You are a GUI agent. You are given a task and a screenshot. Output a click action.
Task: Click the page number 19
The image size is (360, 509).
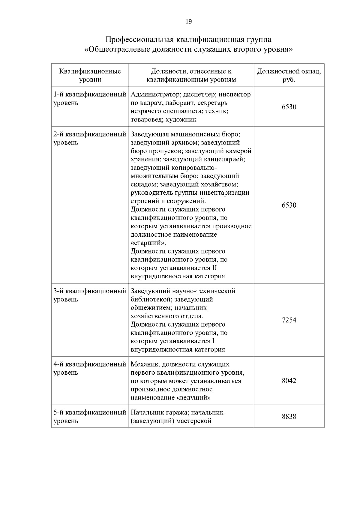coord(188,22)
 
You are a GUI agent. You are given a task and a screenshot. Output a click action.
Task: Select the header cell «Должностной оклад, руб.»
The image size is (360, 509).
coord(289,75)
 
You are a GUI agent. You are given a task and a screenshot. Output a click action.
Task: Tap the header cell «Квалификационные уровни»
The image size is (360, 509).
coord(90,75)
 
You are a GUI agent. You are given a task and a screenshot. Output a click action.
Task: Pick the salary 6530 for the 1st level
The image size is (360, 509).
coord(289,107)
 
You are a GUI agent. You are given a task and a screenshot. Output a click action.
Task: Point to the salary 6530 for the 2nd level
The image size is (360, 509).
coord(289,205)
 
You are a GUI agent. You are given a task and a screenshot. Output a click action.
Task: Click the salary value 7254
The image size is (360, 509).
coord(289,320)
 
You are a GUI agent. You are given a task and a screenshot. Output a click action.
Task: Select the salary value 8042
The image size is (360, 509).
coord(289,381)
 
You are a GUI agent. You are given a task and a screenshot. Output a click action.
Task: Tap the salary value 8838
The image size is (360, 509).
coord(289,416)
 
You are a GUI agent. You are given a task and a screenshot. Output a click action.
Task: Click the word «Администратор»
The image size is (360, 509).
coord(153,94)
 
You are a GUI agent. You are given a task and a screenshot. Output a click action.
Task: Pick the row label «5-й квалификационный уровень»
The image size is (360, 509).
coord(90,416)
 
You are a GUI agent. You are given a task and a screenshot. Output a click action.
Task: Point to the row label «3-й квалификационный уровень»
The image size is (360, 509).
coord(90,295)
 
